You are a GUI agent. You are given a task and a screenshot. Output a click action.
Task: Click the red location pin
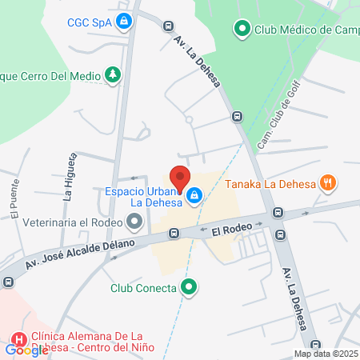coord(179,178)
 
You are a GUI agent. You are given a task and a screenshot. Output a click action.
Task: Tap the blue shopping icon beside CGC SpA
coord(123,22)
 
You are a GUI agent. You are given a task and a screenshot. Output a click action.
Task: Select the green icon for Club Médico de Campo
coord(242,30)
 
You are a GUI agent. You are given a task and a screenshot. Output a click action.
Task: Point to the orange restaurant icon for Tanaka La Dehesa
coord(327,184)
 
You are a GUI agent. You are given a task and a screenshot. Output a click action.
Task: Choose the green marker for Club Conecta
coord(189,287)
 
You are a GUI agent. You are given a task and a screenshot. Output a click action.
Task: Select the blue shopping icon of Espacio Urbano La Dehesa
coord(194,194)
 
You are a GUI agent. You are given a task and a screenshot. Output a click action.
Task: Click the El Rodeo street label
coord(232,230)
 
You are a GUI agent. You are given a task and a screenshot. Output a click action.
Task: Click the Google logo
coord(26,350)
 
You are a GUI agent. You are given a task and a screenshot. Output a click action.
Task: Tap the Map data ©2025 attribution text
coord(325,354)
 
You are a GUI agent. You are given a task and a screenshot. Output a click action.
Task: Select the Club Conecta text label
coord(143,289)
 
